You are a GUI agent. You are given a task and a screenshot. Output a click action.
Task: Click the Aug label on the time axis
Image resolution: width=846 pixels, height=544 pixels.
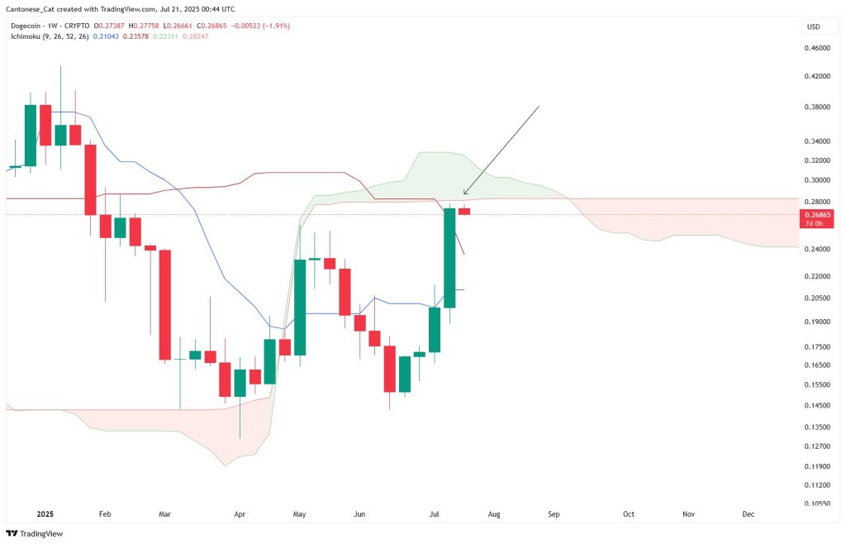coord(493,514)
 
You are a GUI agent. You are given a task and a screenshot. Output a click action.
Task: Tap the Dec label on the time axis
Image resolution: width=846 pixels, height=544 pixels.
coord(748,514)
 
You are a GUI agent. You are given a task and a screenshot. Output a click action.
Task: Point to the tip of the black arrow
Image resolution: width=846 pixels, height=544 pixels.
coord(463,195)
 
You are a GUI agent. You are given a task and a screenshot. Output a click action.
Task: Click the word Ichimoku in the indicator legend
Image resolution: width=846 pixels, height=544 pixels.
coord(25,37)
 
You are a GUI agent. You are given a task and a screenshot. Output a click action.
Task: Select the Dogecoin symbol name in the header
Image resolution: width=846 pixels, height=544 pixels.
coord(29,26)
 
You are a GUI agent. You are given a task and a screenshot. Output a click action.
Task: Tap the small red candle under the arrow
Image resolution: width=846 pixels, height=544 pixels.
coord(464,211)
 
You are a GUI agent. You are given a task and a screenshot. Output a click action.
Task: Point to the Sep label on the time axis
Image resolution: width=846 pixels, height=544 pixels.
coord(554,514)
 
